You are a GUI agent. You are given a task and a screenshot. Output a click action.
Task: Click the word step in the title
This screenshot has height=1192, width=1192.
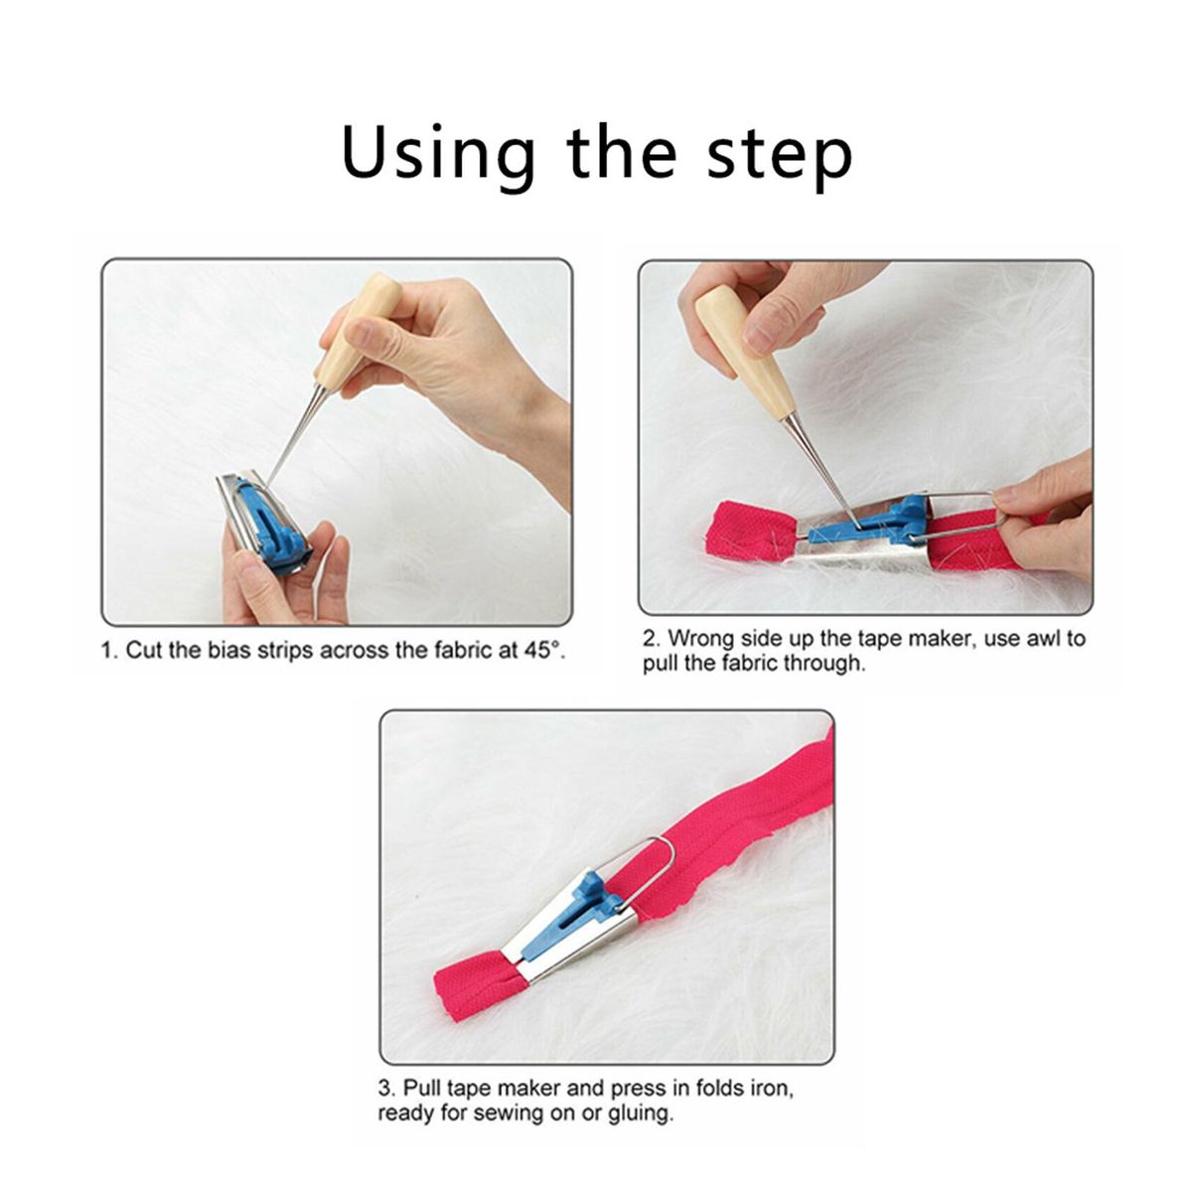click(780, 156)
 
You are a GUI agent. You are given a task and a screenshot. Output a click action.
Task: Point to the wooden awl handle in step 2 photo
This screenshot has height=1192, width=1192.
click(744, 353)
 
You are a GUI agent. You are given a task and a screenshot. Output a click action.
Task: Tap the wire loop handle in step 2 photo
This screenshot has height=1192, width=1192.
click(958, 514)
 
